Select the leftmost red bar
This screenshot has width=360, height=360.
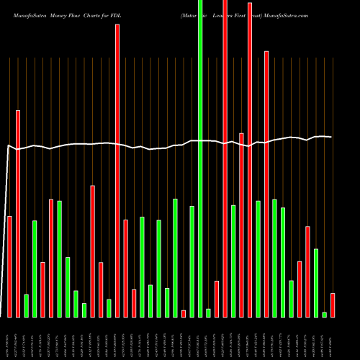(9, 266)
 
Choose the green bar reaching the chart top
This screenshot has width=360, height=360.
(200, 158)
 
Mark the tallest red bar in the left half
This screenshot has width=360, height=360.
(117, 171)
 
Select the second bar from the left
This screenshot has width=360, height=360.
(18, 213)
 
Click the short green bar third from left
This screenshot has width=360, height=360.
(26, 305)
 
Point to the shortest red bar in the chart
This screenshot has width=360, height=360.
(184, 313)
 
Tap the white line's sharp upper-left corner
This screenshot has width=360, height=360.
(8, 146)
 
